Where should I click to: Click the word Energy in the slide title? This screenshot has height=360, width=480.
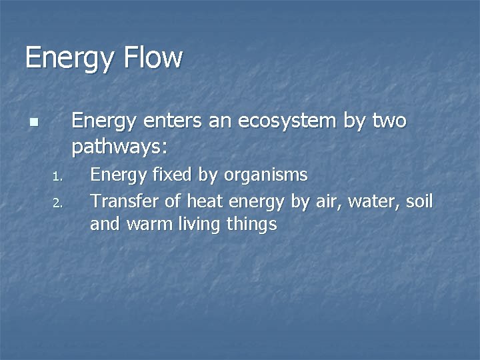click(x=69, y=59)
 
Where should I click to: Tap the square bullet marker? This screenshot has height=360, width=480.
click(x=33, y=123)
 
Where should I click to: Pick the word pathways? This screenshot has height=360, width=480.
click(x=120, y=145)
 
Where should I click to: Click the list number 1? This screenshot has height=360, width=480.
click(x=57, y=177)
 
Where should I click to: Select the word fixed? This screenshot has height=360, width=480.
click(x=172, y=175)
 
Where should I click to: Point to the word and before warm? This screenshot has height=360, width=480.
click(x=104, y=225)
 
